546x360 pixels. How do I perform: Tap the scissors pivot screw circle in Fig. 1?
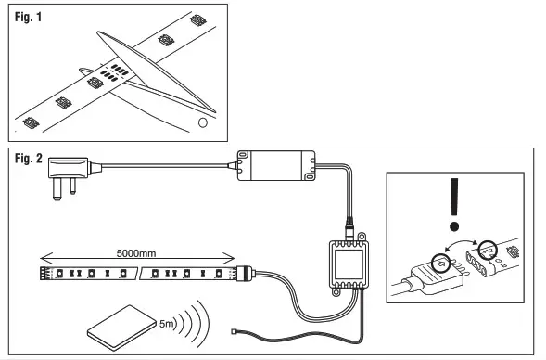pos(202,121)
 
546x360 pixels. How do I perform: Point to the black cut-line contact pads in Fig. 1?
pos(111,72)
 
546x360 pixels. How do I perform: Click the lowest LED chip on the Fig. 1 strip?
pos(29,121)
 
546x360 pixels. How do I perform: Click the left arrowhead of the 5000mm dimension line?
pos(43,262)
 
